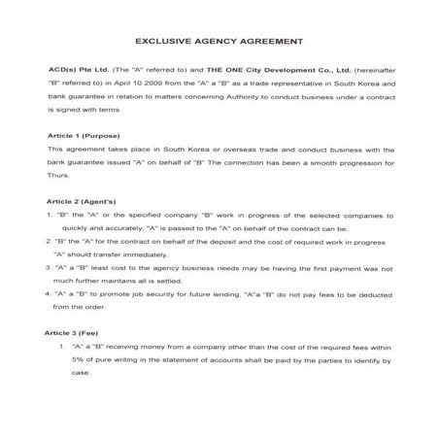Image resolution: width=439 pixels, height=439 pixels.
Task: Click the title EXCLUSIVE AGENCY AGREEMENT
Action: tap(219, 43)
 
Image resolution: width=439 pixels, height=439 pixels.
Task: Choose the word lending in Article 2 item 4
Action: tap(227, 292)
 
